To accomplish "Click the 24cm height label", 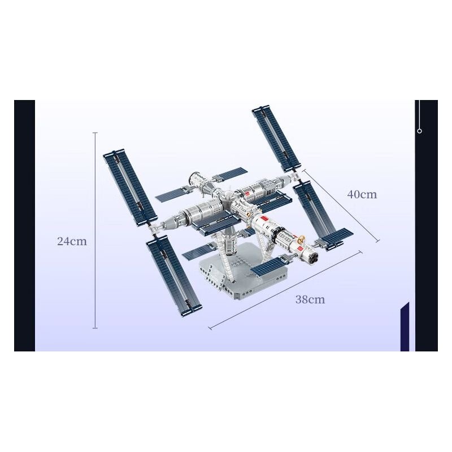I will point(72,241).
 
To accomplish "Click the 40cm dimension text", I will point(362,195).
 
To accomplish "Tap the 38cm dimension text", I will point(310,300).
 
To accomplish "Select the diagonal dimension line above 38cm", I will point(285,290).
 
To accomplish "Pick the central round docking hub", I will point(226,198).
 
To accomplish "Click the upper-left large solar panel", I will point(129,186).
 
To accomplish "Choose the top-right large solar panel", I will point(276,137).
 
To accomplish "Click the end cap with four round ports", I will point(311,257).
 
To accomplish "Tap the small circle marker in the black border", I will point(419,131).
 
